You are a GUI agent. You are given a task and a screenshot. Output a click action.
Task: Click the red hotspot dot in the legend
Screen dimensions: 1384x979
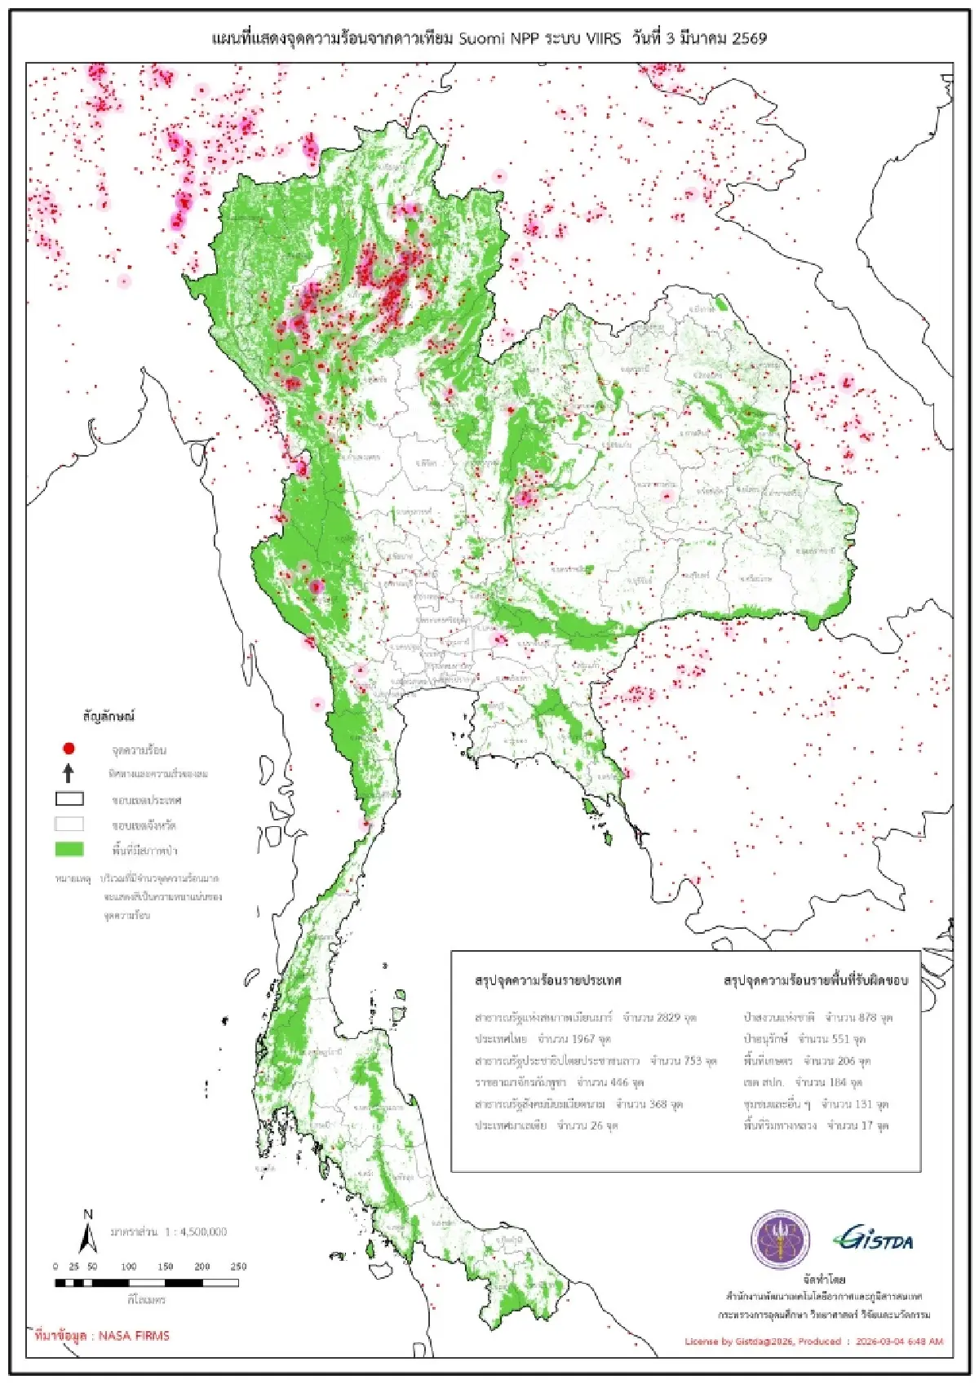(x=69, y=748)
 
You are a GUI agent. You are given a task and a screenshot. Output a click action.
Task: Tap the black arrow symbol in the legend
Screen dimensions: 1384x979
(x=69, y=772)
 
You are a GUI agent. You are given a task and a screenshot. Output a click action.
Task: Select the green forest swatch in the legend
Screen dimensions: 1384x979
(x=69, y=849)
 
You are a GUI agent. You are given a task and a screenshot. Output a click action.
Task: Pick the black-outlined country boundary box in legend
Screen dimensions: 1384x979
(x=69, y=799)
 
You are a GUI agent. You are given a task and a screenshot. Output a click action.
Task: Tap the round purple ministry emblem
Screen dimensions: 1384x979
(x=780, y=1240)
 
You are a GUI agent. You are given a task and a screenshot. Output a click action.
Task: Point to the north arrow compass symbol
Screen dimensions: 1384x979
(x=88, y=1233)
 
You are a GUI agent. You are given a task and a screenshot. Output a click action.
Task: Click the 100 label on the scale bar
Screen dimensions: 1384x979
(x=129, y=1267)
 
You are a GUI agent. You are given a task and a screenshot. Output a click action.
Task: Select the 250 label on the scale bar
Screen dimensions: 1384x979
(x=238, y=1267)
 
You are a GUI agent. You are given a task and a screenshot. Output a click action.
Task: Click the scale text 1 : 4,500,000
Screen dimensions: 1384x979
(x=196, y=1231)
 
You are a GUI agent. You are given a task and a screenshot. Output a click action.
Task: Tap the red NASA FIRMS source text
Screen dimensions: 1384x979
(x=102, y=1336)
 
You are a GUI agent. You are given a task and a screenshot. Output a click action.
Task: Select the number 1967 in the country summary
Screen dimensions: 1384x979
(x=583, y=1039)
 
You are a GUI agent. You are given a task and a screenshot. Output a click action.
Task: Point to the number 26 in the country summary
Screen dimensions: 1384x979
(x=597, y=1125)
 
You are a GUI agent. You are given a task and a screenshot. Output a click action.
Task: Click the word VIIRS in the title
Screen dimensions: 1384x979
(x=603, y=38)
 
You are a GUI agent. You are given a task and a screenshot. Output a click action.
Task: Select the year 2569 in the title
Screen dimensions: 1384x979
(x=749, y=38)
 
